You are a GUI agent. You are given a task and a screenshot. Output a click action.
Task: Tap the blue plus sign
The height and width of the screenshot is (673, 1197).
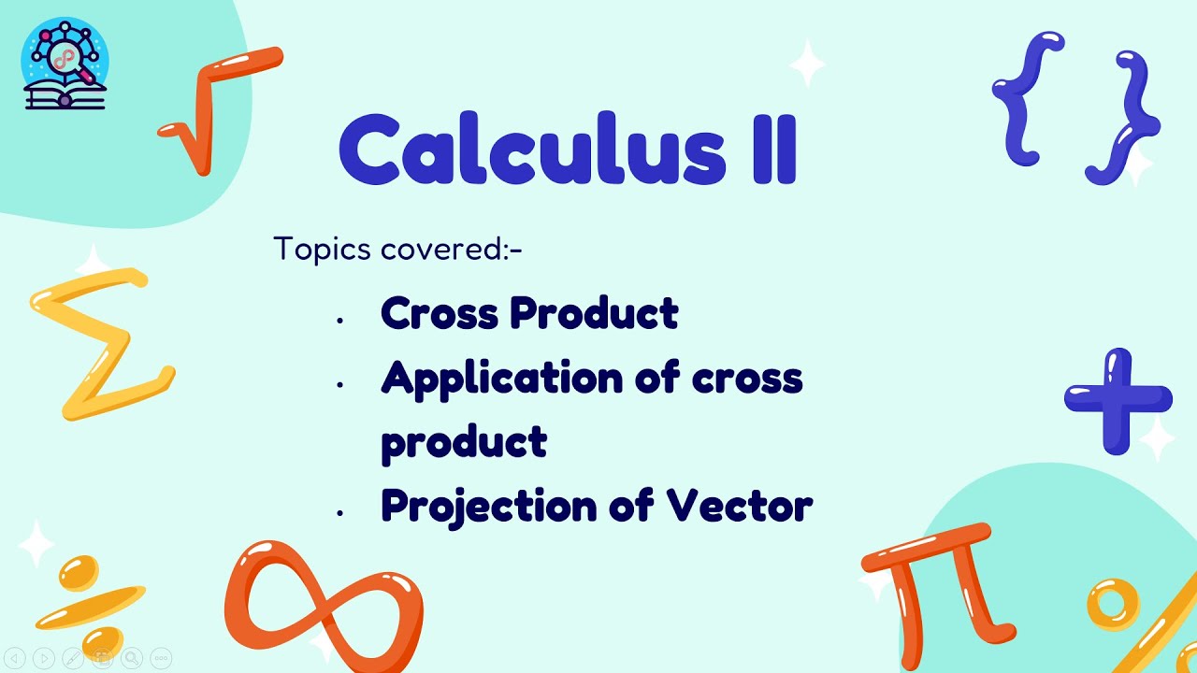[x=1118, y=399]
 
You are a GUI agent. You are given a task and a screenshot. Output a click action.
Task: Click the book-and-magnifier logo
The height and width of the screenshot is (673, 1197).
[x=65, y=64]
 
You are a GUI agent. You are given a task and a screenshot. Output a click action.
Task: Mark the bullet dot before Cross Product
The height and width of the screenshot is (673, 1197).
[x=340, y=321]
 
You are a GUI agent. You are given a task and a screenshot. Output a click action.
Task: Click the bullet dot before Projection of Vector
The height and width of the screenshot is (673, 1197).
[x=340, y=513]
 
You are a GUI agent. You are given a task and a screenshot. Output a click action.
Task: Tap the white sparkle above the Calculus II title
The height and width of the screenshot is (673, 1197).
[x=807, y=64]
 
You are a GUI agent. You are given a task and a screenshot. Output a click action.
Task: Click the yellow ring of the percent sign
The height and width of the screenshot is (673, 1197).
[x=1113, y=603]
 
